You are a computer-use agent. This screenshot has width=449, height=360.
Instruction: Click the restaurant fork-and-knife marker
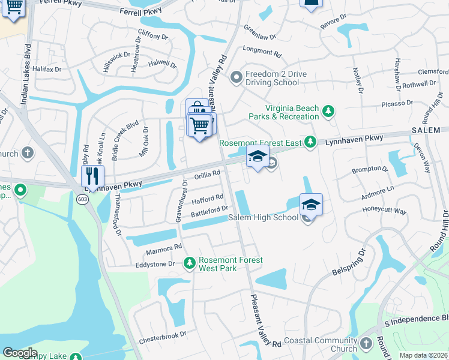[x=92, y=176]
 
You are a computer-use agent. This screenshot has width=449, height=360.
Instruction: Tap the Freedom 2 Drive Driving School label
[x=273, y=78]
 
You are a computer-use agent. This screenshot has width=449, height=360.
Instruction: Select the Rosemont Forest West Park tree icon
[x=190, y=263]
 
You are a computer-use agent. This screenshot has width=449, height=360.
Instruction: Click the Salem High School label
[x=263, y=217]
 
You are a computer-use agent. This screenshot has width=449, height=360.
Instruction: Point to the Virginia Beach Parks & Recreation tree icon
[x=328, y=111]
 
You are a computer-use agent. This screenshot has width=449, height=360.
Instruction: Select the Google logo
[x=20, y=353]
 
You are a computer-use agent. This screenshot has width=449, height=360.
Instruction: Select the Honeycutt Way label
[x=384, y=211]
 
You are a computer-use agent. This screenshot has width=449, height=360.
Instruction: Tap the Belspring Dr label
[x=349, y=262]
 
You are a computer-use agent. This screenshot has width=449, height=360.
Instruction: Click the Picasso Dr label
[x=397, y=103]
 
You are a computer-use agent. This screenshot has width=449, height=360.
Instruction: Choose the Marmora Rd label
[x=162, y=247]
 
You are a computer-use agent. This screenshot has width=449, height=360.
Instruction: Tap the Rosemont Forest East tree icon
[x=310, y=142]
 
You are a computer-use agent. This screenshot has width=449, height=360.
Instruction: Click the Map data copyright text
[x=424, y=355]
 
